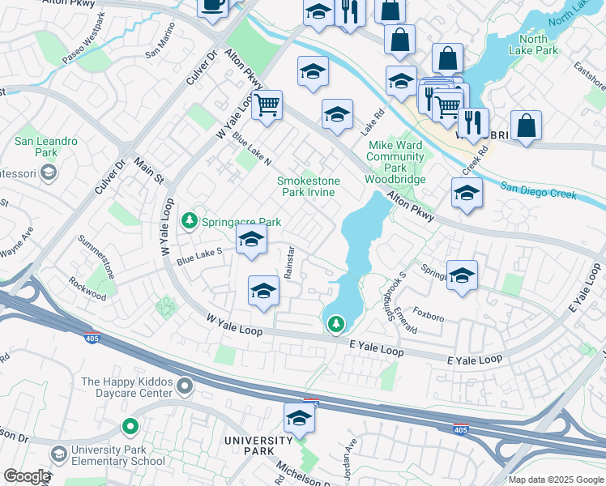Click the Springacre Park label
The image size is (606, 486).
pyautogui.click(x=241, y=222)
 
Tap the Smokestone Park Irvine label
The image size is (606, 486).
pyautogui.click(x=309, y=186)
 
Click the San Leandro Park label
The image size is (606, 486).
pyautogui.click(x=46, y=147)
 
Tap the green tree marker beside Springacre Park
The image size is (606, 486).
pyautogui.click(x=190, y=220)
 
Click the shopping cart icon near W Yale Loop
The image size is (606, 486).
pyautogui.click(x=267, y=104)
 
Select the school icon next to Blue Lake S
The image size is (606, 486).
pyautogui.click(x=252, y=240)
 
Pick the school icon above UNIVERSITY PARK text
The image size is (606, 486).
pyautogui.click(x=299, y=419)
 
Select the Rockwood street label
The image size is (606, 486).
pyautogui.click(x=87, y=290)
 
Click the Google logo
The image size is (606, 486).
pyautogui.click(x=27, y=476)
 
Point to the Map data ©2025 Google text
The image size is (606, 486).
pyautogui.click(x=555, y=480)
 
